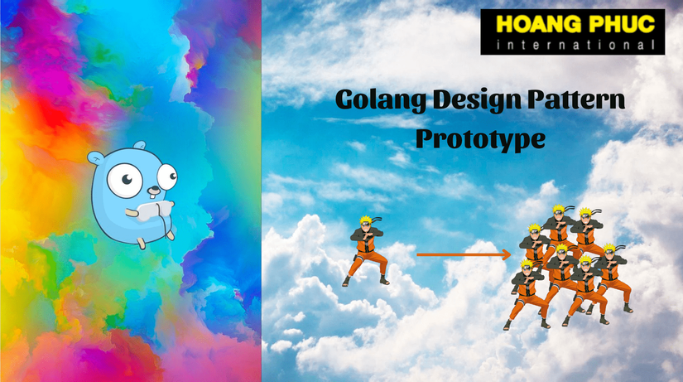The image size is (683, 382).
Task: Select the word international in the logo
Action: coord(575,45)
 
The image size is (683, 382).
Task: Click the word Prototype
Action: coord(480,139)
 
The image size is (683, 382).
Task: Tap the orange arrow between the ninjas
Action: coord(464,254)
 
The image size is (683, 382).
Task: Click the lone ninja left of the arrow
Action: coord(366,251)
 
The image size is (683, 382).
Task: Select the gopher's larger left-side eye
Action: coord(125,180)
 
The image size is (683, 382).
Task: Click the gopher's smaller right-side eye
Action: coord(168,176)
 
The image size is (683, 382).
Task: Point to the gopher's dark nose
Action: coord(154,189)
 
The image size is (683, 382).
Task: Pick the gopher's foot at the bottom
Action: coord(141,243)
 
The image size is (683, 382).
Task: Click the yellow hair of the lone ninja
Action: coord(365,220)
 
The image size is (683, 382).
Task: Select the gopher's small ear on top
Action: coord(140,145)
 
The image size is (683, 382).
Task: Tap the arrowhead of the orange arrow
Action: coord(506,254)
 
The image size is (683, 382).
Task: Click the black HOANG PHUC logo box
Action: coord(572,31)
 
